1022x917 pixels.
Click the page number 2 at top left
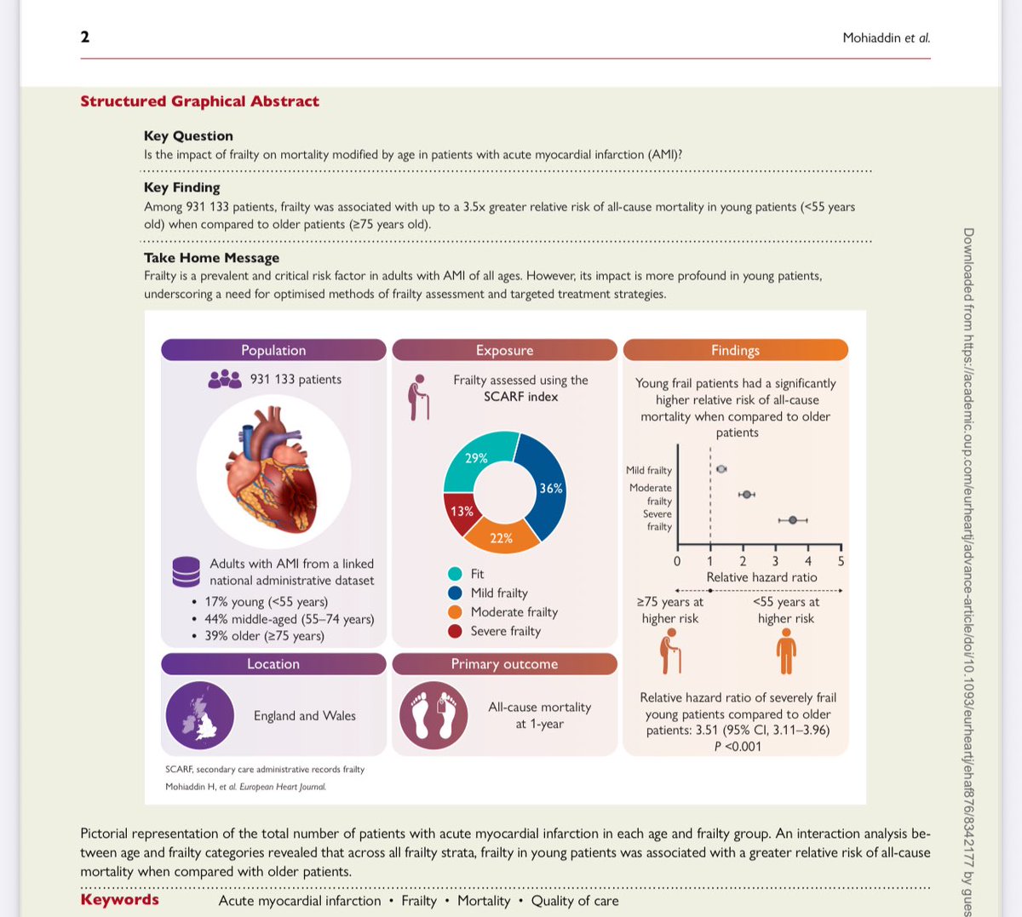click(x=85, y=37)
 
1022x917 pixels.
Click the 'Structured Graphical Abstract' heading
click(x=199, y=101)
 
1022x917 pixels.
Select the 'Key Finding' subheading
click(x=181, y=187)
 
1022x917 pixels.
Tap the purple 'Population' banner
click(x=273, y=350)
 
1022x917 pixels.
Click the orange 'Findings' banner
click(x=735, y=350)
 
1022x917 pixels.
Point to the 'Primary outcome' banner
click(x=504, y=664)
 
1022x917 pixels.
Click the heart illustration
click(x=273, y=471)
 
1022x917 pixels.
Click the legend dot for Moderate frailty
click(x=455, y=612)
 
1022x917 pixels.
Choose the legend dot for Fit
click(x=455, y=574)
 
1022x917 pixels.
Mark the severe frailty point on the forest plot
click(x=793, y=520)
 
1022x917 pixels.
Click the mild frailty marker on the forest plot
click(x=721, y=469)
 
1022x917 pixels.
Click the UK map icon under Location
click(x=200, y=715)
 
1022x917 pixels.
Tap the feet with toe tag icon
click(x=433, y=715)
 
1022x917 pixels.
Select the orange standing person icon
click(x=786, y=653)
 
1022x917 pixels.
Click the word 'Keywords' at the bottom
click(x=119, y=900)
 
